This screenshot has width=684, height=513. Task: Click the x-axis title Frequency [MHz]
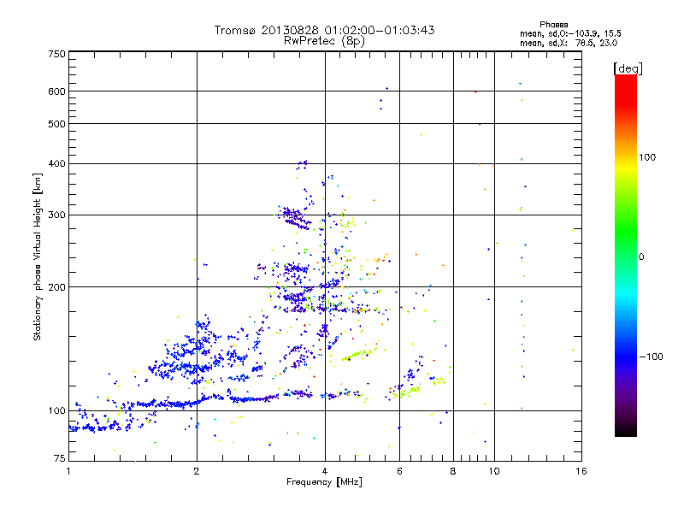tap(325, 483)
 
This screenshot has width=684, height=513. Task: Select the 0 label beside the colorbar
tap(640, 256)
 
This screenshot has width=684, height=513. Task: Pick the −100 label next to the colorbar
tap(648, 357)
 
